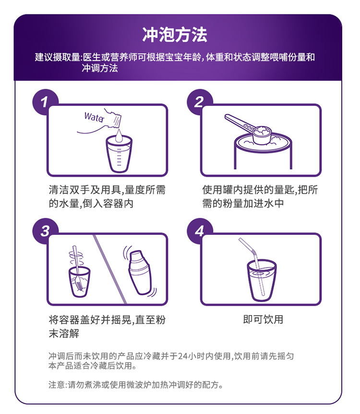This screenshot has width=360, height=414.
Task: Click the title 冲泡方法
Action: tap(175, 35)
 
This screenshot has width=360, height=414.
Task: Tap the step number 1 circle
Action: tap(44, 102)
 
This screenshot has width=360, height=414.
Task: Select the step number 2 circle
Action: tap(199, 102)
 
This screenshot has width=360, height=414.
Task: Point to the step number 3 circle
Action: tap(44, 231)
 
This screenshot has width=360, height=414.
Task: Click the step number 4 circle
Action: tap(199, 231)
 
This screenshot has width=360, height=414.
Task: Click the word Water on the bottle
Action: tap(94, 117)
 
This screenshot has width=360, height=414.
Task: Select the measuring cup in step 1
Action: tap(119, 154)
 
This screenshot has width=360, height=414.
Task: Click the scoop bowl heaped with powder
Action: tap(262, 135)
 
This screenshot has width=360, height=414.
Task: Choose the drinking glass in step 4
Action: tap(262, 280)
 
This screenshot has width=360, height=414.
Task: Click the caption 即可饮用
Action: tap(263, 319)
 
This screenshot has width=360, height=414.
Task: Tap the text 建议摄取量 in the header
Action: tap(57, 57)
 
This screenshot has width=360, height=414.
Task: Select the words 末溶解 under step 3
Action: tap(64, 333)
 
